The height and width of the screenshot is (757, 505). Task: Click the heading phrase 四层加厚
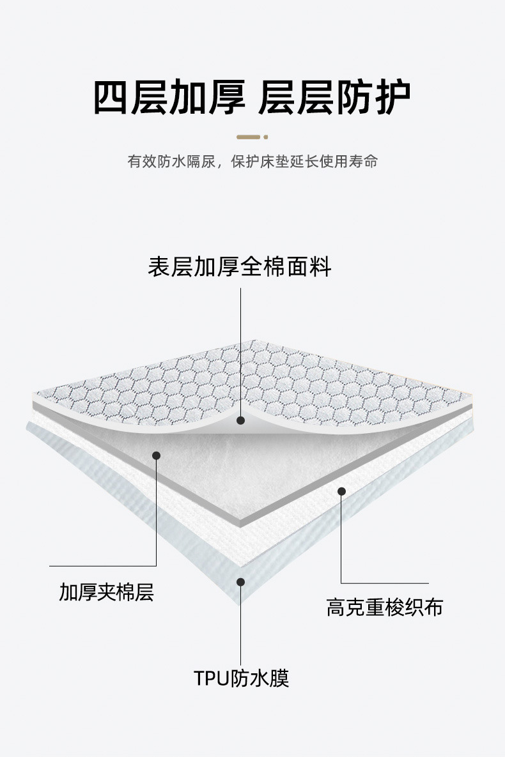(169, 97)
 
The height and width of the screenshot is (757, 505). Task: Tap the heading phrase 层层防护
(334, 97)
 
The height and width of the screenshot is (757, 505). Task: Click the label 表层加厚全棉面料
(240, 266)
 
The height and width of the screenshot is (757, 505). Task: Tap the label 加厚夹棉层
(107, 592)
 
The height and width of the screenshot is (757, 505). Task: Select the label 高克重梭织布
(385, 607)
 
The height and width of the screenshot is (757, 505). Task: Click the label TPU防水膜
(242, 677)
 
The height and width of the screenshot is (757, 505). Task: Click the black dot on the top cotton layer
(241, 420)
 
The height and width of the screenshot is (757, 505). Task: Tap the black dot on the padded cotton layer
(156, 455)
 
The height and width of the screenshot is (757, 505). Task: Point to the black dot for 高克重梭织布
(341, 491)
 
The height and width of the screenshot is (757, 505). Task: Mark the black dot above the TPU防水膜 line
(241, 581)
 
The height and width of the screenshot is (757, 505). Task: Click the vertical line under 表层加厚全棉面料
(241, 351)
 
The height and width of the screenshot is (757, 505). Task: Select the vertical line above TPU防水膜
(241, 626)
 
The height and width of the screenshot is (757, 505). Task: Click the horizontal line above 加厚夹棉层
(102, 566)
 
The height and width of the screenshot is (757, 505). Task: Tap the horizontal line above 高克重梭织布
(384, 583)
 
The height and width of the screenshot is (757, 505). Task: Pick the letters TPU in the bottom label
(211, 677)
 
